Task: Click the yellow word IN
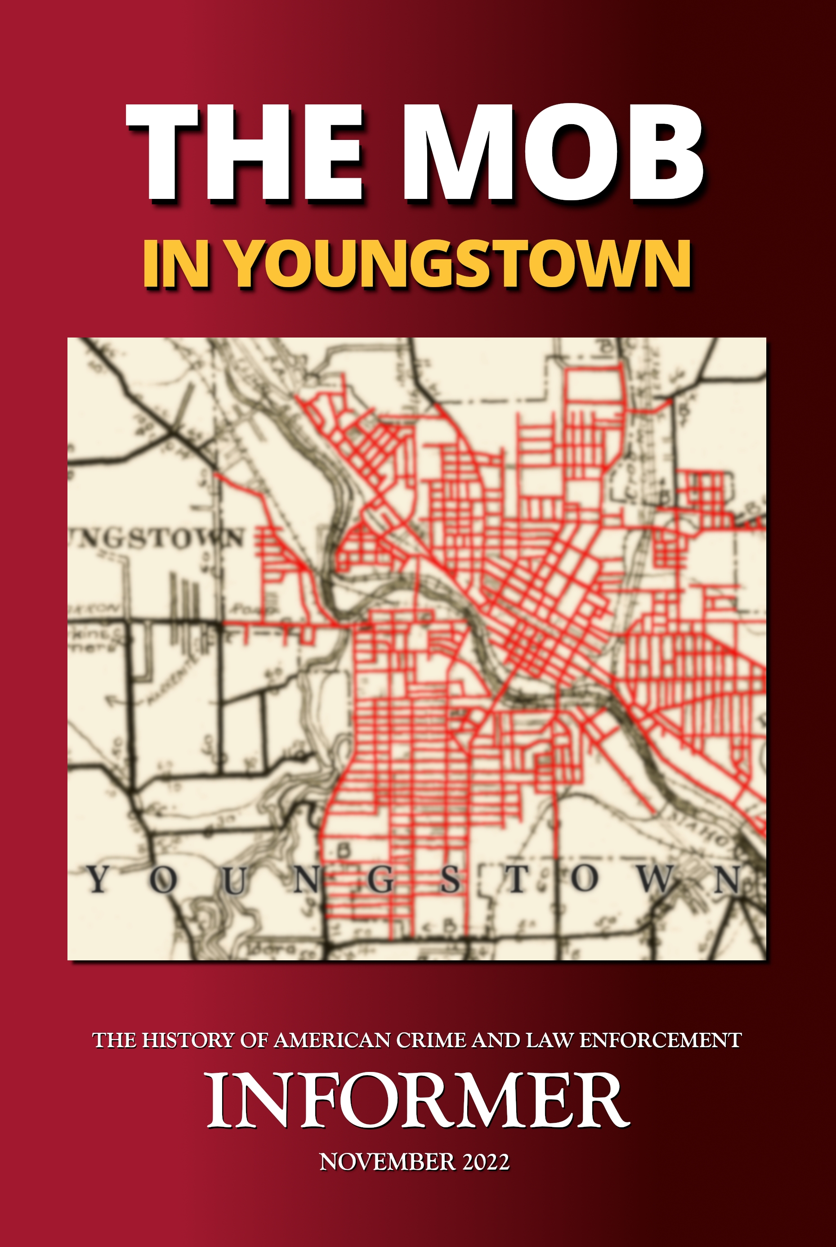click(175, 264)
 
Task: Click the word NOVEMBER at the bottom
click(387, 1162)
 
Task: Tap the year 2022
click(486, 1162)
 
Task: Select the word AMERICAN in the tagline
click(333, 1040)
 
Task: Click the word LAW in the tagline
click(550, 1040)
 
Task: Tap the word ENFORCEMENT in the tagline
click(660, 1040)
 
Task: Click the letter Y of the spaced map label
click(98, 879)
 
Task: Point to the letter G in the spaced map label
click(381, 879)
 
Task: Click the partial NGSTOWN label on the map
click(157, 539)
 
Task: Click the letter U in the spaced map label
click(235, 879)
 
